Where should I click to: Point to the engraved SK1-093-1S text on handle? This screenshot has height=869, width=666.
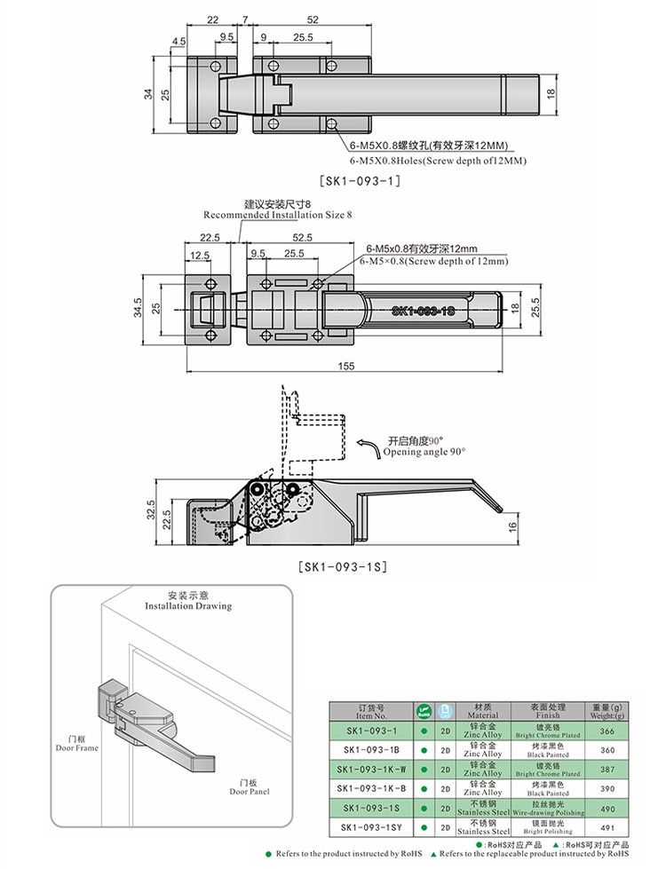tap(423, 311)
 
